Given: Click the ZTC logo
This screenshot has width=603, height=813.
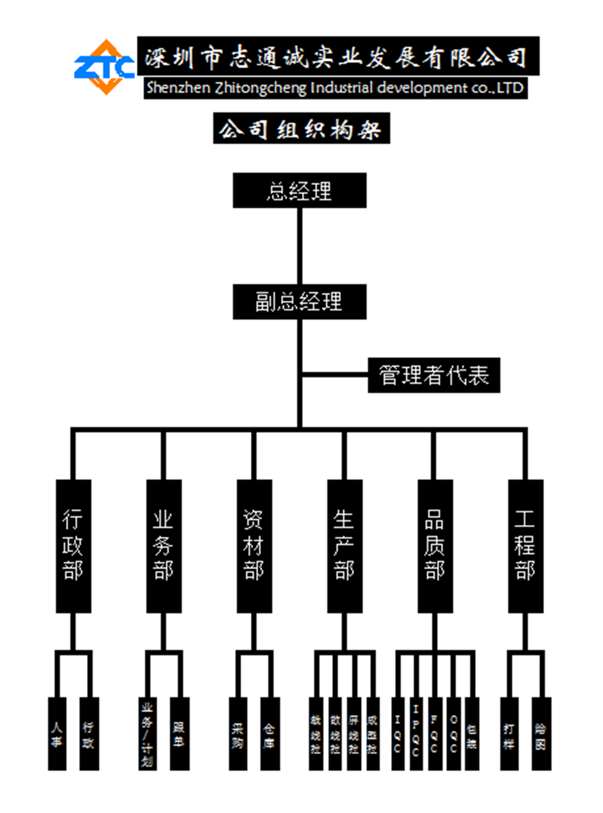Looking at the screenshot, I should [x=105, y=67].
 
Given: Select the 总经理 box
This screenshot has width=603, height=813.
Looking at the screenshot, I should [x=299, y=191].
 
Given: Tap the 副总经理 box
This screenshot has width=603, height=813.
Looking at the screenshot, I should [x=299, y=302].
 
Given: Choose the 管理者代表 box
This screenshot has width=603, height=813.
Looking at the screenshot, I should [x=434, y=375].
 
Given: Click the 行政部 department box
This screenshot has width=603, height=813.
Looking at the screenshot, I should [x=73, y=546].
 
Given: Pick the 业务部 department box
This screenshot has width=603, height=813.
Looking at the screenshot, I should [x=164, y=546].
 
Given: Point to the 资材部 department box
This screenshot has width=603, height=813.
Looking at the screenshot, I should [x=254, y=546].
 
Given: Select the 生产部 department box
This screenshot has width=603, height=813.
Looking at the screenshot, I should [x=345, y=546].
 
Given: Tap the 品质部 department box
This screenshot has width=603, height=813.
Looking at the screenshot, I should [x=435, y=546].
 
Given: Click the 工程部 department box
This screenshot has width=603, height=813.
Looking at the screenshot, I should [x=526, y=546].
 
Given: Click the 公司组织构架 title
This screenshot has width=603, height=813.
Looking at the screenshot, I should [x=301, y=129].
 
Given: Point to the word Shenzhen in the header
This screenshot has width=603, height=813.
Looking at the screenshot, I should [x=178, y=88].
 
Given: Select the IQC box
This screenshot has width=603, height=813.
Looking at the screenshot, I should [x=398, y=734].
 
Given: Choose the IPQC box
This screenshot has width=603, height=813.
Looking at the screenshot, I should [x=416, y=734].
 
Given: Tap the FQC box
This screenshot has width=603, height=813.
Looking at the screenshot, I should [x=435, y=734].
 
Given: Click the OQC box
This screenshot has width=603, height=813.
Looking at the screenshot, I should [x=453, y=734].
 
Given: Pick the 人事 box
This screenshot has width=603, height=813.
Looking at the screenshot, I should [x=57, y=734].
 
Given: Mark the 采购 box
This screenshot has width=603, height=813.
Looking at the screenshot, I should [x=238, y=734].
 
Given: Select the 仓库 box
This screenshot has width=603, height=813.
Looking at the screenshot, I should [x=270, y=734].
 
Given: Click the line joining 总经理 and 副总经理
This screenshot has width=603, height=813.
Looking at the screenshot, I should [x=299, y=246].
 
